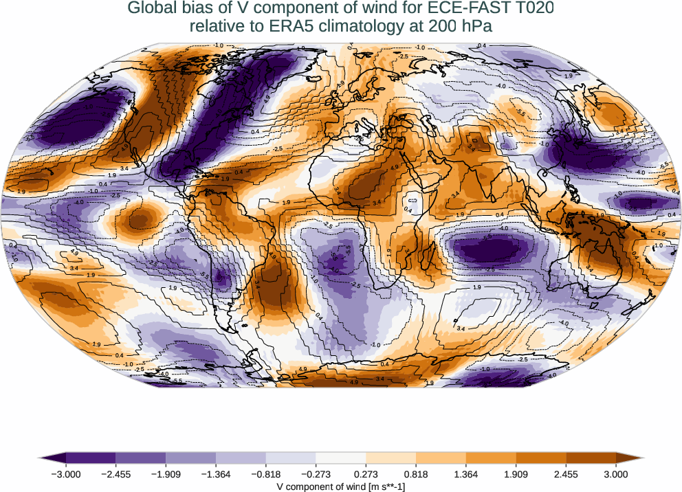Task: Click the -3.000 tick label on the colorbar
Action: coord(66,473)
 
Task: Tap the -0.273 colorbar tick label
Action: coord(316,473)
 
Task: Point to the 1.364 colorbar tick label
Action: coord(466,473)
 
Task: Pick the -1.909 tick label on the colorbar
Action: coord(166,473)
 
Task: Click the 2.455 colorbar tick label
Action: coord(566,473)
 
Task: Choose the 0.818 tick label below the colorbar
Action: coord(416,473)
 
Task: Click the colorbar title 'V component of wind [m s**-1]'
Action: coord(341,486)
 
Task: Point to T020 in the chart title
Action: coord(529,9)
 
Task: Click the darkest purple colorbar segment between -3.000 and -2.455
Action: coord(91,458)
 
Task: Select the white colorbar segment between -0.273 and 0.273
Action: coord(341,458)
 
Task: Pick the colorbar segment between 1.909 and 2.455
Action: coord(541,458)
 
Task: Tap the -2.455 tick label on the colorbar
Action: coord(115,473)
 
